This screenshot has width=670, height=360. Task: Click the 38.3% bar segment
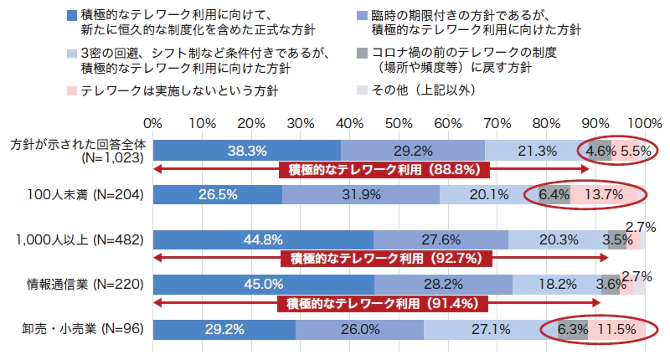(x=247, y=151)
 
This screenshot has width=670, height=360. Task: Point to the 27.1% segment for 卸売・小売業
(x=490, y=329)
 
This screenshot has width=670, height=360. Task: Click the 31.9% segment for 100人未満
(x=361, y=196)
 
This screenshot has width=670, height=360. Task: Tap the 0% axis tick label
(x=154, y=123)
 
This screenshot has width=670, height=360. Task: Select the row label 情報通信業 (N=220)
(x=78, y=285)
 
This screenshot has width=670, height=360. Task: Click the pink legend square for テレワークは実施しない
(x=69, y=89)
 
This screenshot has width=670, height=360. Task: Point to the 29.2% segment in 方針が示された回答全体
(x=413, y=151)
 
